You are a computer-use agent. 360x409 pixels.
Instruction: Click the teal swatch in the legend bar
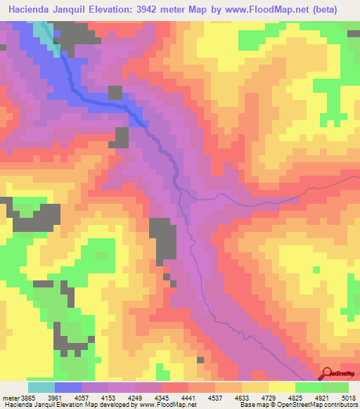(41, 387)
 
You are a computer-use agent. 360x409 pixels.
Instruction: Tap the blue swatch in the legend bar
(68, 387)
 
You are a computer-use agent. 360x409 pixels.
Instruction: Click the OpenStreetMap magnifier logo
(326, 372)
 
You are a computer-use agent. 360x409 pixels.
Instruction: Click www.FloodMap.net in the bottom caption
(167, 405)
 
